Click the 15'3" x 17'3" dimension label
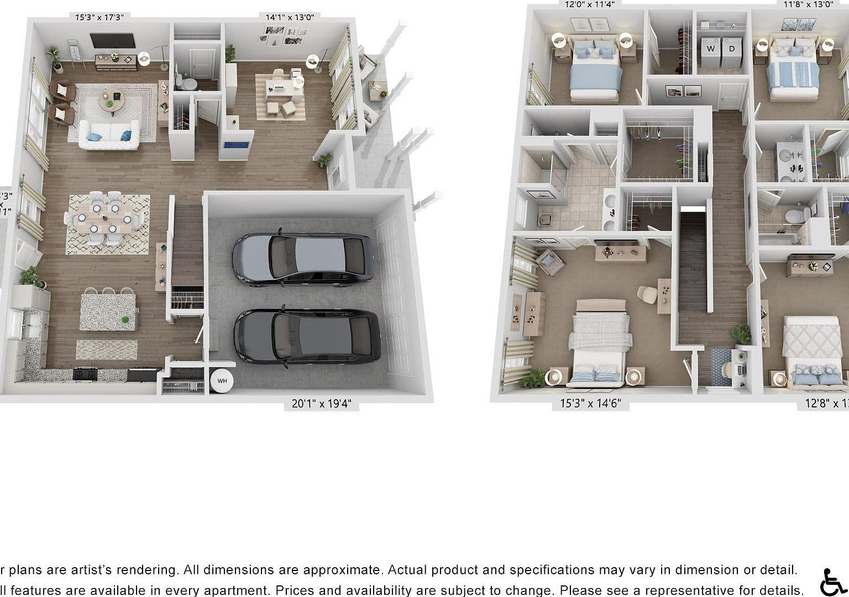99,17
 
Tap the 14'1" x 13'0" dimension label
290,17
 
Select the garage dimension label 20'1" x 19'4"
321,404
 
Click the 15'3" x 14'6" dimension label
590,404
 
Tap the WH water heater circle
222,381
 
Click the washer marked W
710,49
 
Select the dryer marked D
732,49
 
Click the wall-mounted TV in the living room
112,41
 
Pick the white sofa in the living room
108,134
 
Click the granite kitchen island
108,312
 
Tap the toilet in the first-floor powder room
188,83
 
